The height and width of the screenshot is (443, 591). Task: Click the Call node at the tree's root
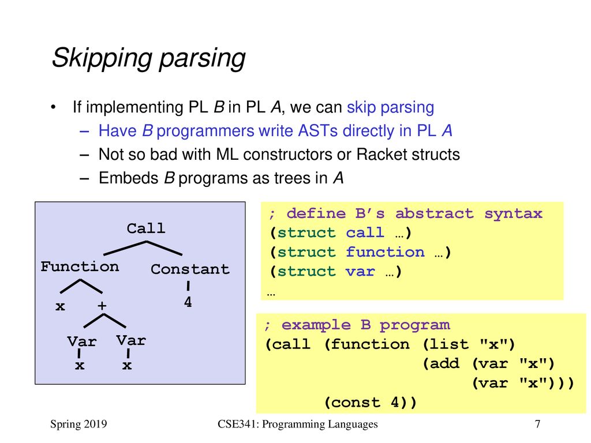click(x=146, y=228)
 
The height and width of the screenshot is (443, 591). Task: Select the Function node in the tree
click(x=80, y=266)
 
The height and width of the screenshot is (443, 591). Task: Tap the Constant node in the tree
click(x=190, y=269)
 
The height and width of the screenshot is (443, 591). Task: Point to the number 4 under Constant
click(x=188, y=302)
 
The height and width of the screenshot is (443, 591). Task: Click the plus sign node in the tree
click(x=102, y=306)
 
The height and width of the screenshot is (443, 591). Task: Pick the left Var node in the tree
click(x=82, y=341)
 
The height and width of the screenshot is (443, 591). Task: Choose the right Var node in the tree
click(x=131, y=340)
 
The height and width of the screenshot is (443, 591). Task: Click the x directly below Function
click(x=60, y=306)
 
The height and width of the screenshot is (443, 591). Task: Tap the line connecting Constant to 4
click(x=188, y=286)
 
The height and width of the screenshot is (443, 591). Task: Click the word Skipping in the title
click(x=102, y=58)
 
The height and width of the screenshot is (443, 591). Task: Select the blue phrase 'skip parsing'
click(x=391, y=107)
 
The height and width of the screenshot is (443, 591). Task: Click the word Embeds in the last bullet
click(x=129, y=178)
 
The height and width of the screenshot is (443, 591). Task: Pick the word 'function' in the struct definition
click(x=385, y=252)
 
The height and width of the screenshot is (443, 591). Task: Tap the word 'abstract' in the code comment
click(x=434, y=213)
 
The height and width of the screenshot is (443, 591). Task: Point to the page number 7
click(x=537, y=424)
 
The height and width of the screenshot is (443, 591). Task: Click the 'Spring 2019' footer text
click(x=78, y=424)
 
